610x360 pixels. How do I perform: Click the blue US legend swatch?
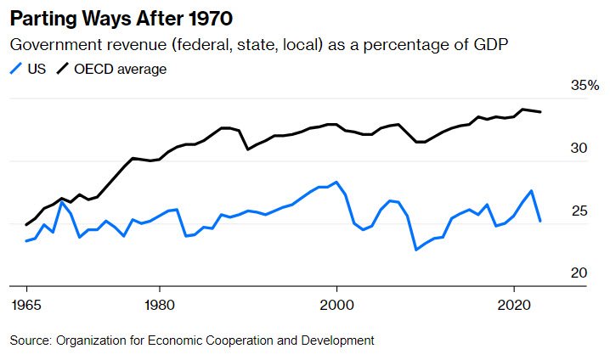click(x=16, y=69)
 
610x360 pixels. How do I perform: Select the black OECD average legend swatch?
click(x=65, y=69)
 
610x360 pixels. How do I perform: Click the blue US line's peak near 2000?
click(x=336, y=182)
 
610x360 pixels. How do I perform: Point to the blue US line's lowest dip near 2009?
click(x=416, y=250)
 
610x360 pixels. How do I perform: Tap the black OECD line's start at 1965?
click(x=25, y=225)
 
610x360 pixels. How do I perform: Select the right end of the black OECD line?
click(x=541, y=112)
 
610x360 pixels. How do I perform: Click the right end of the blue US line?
click(x=541, y=221)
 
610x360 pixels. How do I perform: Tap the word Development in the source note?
click(x=336, y=340)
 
